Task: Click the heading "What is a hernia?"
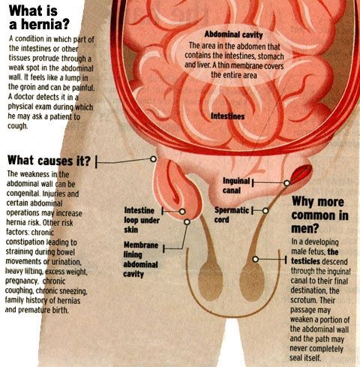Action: point(39,18)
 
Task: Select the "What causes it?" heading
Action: point(49,161)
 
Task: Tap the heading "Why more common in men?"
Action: point(319,215)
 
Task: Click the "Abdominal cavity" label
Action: point(233,35)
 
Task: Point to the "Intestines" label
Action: point(227,116)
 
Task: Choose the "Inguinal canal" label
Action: point(236,185)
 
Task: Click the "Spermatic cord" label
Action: point(232,215)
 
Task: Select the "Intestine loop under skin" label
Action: point(142,220)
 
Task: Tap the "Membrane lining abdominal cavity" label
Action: point(141,260)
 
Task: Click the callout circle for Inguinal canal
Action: point(287,183)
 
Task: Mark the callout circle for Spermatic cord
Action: point(265,211)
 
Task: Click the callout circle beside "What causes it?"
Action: point(153,159)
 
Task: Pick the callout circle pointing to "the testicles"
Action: point(255,259)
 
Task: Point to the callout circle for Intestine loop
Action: point(182,212)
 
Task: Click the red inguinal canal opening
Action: point(301,173)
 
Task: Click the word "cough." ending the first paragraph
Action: point(17,126)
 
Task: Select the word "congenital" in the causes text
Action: point(22,194)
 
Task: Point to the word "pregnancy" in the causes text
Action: point(22,281)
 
